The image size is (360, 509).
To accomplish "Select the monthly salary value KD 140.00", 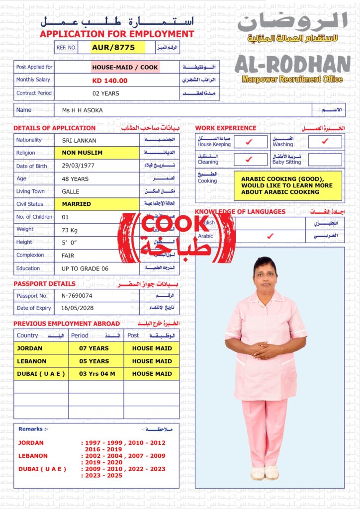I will pyautogui.click(x=110, y=81).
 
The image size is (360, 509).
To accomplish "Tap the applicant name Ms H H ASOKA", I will pyautogui.click(x=83, y=110).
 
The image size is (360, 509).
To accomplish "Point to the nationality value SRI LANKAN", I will pyautogui.click(x=79, y=141).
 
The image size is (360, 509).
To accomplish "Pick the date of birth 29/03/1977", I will pyautogui.click(x=78, y=166).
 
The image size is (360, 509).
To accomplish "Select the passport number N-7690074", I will pyautogui.click(x=77, y=296).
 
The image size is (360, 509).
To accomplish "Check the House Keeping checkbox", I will pyautogui.click(x=250, y=142).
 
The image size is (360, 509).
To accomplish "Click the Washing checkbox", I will pyautogui.click(x=325, y=142).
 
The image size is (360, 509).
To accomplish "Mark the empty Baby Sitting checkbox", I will pyautogui.click(x=325, y=160).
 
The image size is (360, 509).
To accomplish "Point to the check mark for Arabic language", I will pyautogui.click(x=270, y=236).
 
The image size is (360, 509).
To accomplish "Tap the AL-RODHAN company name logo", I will pyautogui.click(x=292, y=65).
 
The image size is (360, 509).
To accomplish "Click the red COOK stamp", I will pyautogui.click(x=177, y=238).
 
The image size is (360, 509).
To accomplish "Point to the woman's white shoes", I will pyautogui.click(x=265, y=473).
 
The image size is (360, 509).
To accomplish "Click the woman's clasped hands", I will pyautogui.click(x=266, y=350).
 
